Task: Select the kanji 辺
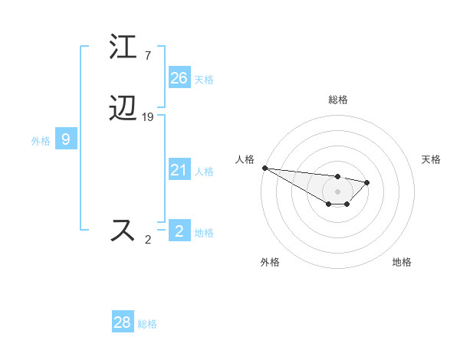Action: click(124, 110)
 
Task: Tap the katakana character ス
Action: click(124, 230)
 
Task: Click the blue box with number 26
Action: click(179, 78)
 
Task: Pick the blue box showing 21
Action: click(179, 170)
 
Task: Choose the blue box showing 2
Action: click(179, 231)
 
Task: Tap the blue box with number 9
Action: click(66, 139)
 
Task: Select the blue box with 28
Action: click(123, 322)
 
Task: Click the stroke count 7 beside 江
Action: click(147, 56)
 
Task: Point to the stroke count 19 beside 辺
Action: click(148, 117)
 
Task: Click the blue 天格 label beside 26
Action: click(204, 80)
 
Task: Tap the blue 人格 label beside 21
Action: click(204, 172)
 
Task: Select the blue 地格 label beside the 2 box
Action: click(204, 233)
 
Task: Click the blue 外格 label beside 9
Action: click(41, 141)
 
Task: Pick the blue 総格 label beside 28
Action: click(147, 324)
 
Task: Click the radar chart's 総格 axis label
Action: click(338, 100)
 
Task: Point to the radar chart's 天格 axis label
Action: click(431, 159)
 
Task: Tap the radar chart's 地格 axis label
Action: click(402, 262)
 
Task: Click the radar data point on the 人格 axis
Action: click(264, 168)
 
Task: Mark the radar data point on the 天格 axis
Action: click(367, 182)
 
